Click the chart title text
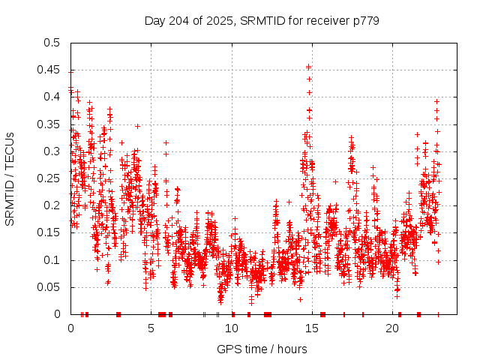(262, 20)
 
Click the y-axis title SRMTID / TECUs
(10, 179)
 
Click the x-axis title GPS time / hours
(262, 349)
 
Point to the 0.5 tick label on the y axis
(52, 43)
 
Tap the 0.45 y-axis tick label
(49, 70)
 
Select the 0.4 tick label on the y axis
(52, 97)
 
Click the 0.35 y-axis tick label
(49, 124)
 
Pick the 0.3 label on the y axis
(52, 151)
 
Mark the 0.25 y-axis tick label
(49, 178)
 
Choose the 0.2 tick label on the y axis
(52, 205)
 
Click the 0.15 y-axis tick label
(49, 232)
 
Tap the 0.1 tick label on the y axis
(52, 260)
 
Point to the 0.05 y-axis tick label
(49, 287)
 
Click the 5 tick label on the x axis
(151, 328)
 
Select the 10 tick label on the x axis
(232, 328)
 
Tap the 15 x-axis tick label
(313, 328)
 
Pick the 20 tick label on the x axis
(393, 328)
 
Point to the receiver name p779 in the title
(365, 20)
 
